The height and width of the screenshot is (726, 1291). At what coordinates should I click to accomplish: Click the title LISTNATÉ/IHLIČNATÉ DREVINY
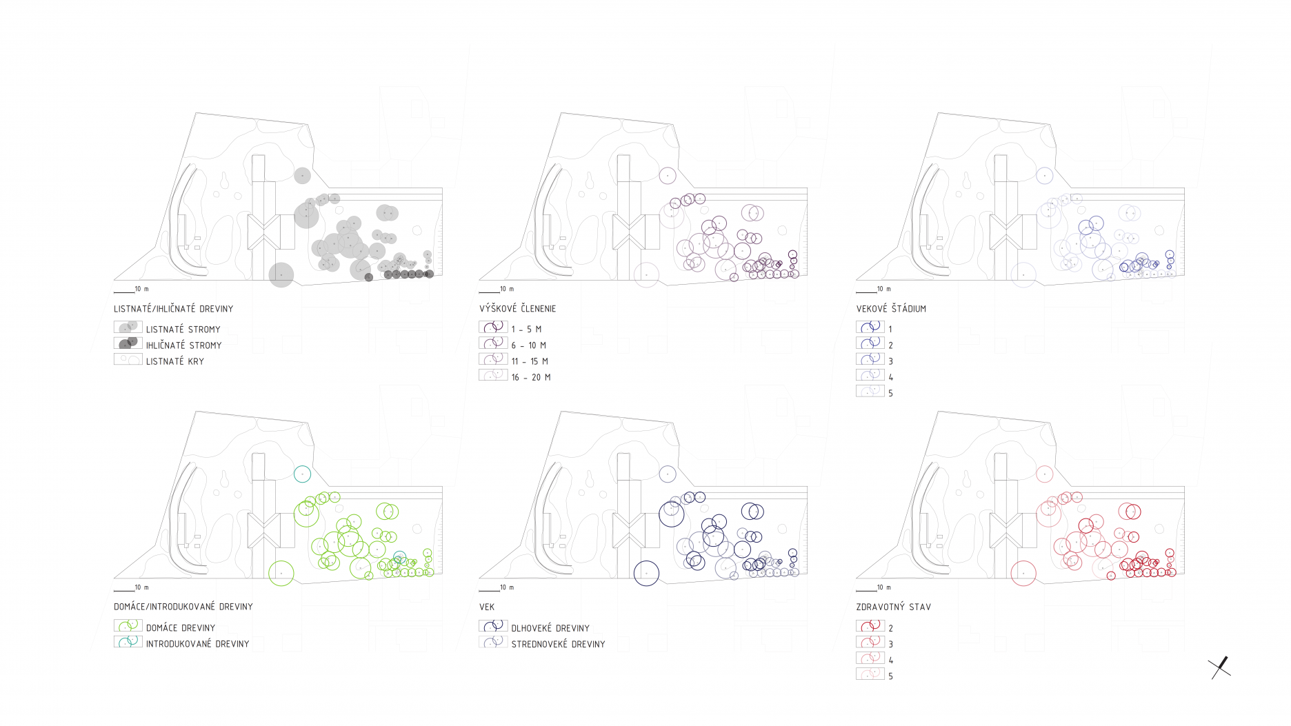[x=174, y=309]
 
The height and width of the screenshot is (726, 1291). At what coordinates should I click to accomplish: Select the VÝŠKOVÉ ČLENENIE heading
[x=517, y=309]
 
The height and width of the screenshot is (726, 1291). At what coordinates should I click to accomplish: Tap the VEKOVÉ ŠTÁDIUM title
[x=891, y=309]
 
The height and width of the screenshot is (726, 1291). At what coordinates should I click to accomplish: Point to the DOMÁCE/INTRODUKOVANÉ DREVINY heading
[x=183, y=607]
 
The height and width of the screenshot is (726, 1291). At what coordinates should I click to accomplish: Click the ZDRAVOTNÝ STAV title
[x=893, y=607]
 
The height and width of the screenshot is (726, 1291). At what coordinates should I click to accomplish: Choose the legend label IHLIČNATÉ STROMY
[x=183, y=345]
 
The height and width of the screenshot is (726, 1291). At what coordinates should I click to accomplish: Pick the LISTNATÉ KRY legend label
[x=175, y=361]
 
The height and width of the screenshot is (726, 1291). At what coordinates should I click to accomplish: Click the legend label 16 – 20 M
[x=531, y=377]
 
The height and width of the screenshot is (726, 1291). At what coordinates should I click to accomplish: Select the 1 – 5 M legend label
[x=526, y=330]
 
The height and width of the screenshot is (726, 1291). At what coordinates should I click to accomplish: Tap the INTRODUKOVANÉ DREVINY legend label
[x=197, y=644]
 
